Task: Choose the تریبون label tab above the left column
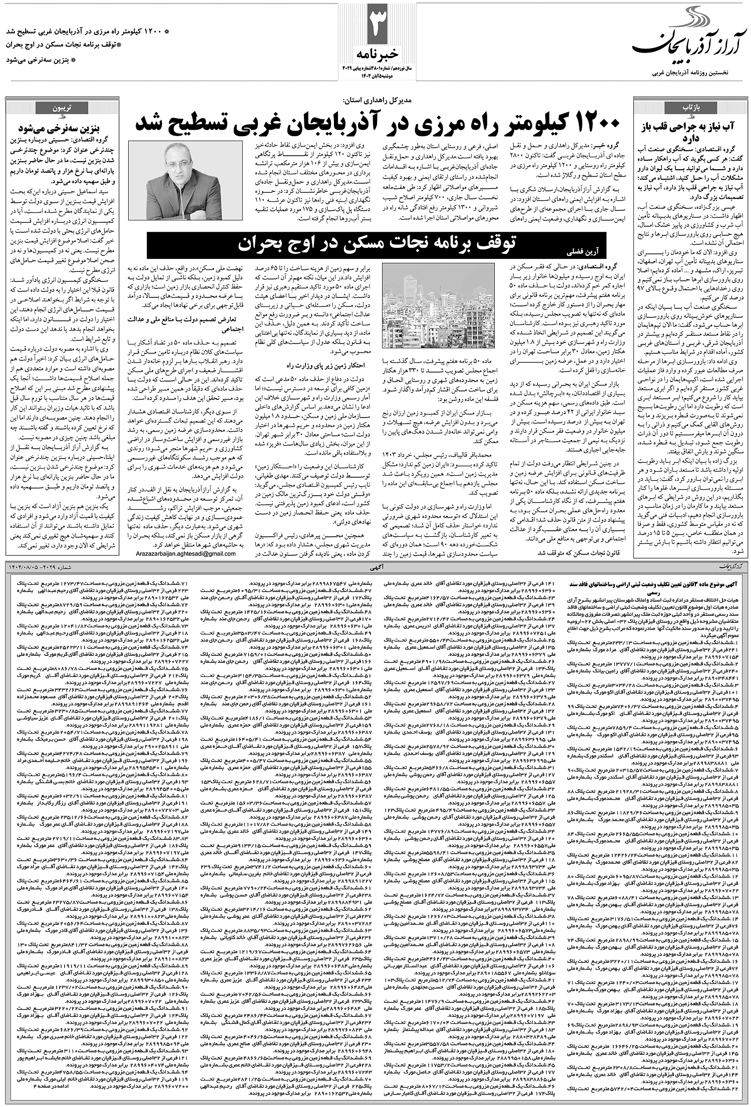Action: tap(55, 107)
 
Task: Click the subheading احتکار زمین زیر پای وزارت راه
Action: tap(295, 364)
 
